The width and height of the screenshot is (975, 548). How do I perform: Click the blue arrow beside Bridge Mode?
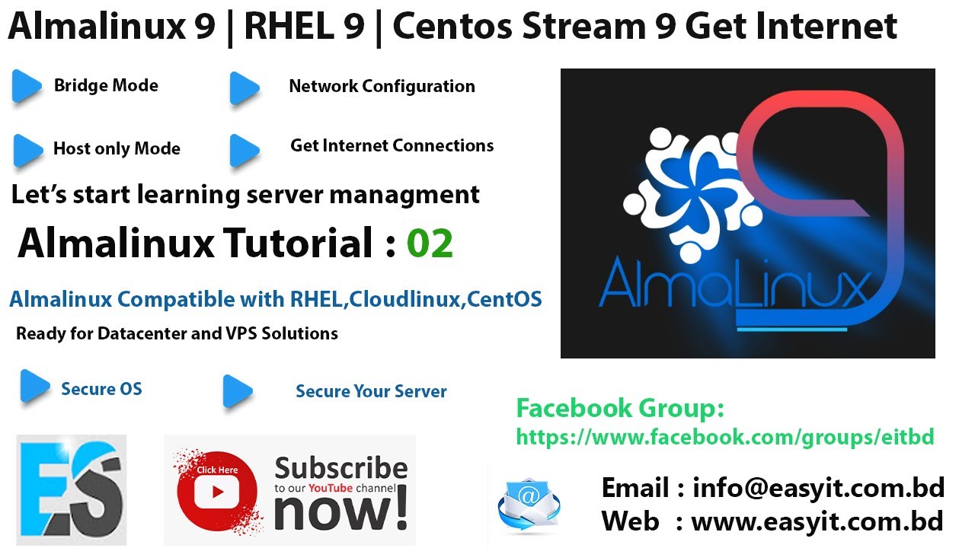(x=27, y=87)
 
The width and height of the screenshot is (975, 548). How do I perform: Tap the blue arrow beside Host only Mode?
(x=27, y=150)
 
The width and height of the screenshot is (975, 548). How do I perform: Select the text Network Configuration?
(x=382, y=87)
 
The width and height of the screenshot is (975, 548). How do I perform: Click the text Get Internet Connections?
(x=392, y=146)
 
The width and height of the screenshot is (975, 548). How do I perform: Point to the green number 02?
(x=430, y=244)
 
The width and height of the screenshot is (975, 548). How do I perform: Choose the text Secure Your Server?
(x=371, y=392)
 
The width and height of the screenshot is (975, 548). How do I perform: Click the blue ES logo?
(x=71, y=489)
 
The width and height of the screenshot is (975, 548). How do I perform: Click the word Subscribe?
(x=340, y=468)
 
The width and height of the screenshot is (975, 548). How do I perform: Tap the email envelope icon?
(x=528, y=503)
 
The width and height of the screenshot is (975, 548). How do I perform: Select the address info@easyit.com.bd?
(x=818, y=488)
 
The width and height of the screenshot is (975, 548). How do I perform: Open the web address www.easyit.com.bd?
(x=817, y=522)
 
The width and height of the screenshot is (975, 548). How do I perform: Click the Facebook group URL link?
(x=724, y=437)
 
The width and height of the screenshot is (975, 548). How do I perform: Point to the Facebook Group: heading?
(x=620, y=409)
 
